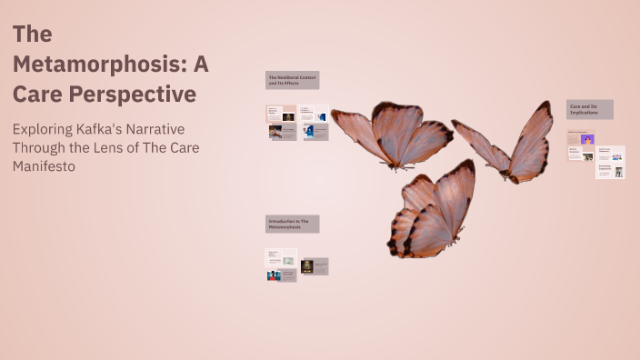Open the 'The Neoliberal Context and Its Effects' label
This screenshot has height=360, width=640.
[292, 80]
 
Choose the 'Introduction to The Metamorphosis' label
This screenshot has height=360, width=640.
[292, 224]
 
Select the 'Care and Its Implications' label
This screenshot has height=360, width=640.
[589, 109]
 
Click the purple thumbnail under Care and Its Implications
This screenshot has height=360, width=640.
[588, 140]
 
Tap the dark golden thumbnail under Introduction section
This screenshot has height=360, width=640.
[307, 265]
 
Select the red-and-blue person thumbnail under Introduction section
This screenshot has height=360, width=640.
[274, 275]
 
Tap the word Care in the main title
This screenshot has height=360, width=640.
[36, 95]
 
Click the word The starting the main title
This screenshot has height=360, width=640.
[32, 35]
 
